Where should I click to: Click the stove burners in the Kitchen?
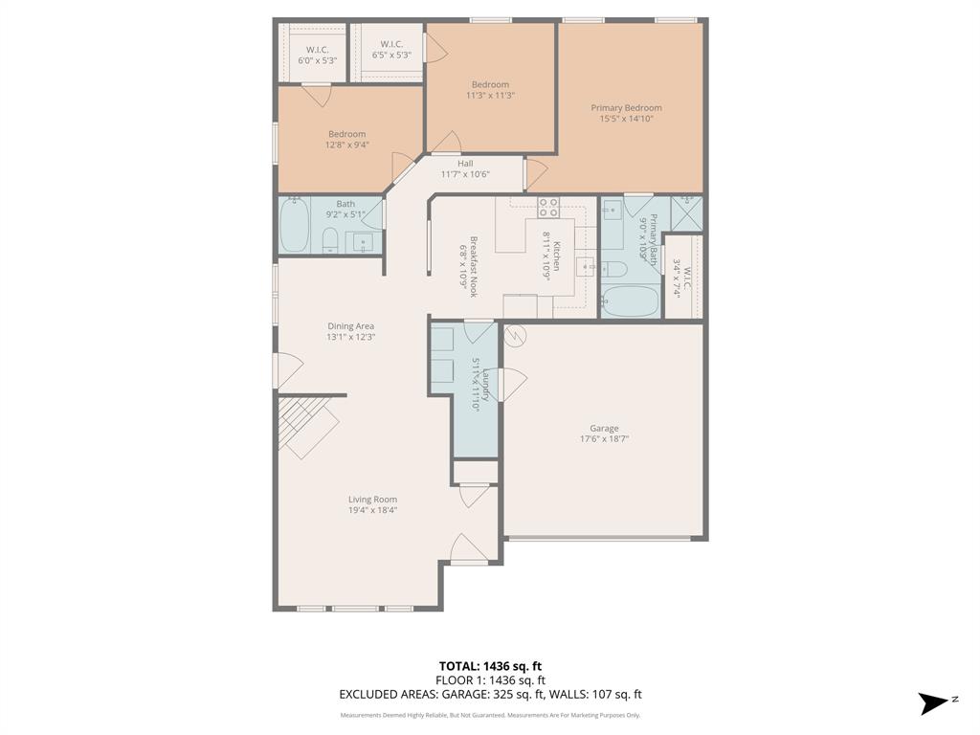point(548,207)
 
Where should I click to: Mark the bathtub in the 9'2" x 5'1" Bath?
point(294,226)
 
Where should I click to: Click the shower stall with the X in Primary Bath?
point(685,212)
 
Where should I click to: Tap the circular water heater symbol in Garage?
point(515,336)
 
